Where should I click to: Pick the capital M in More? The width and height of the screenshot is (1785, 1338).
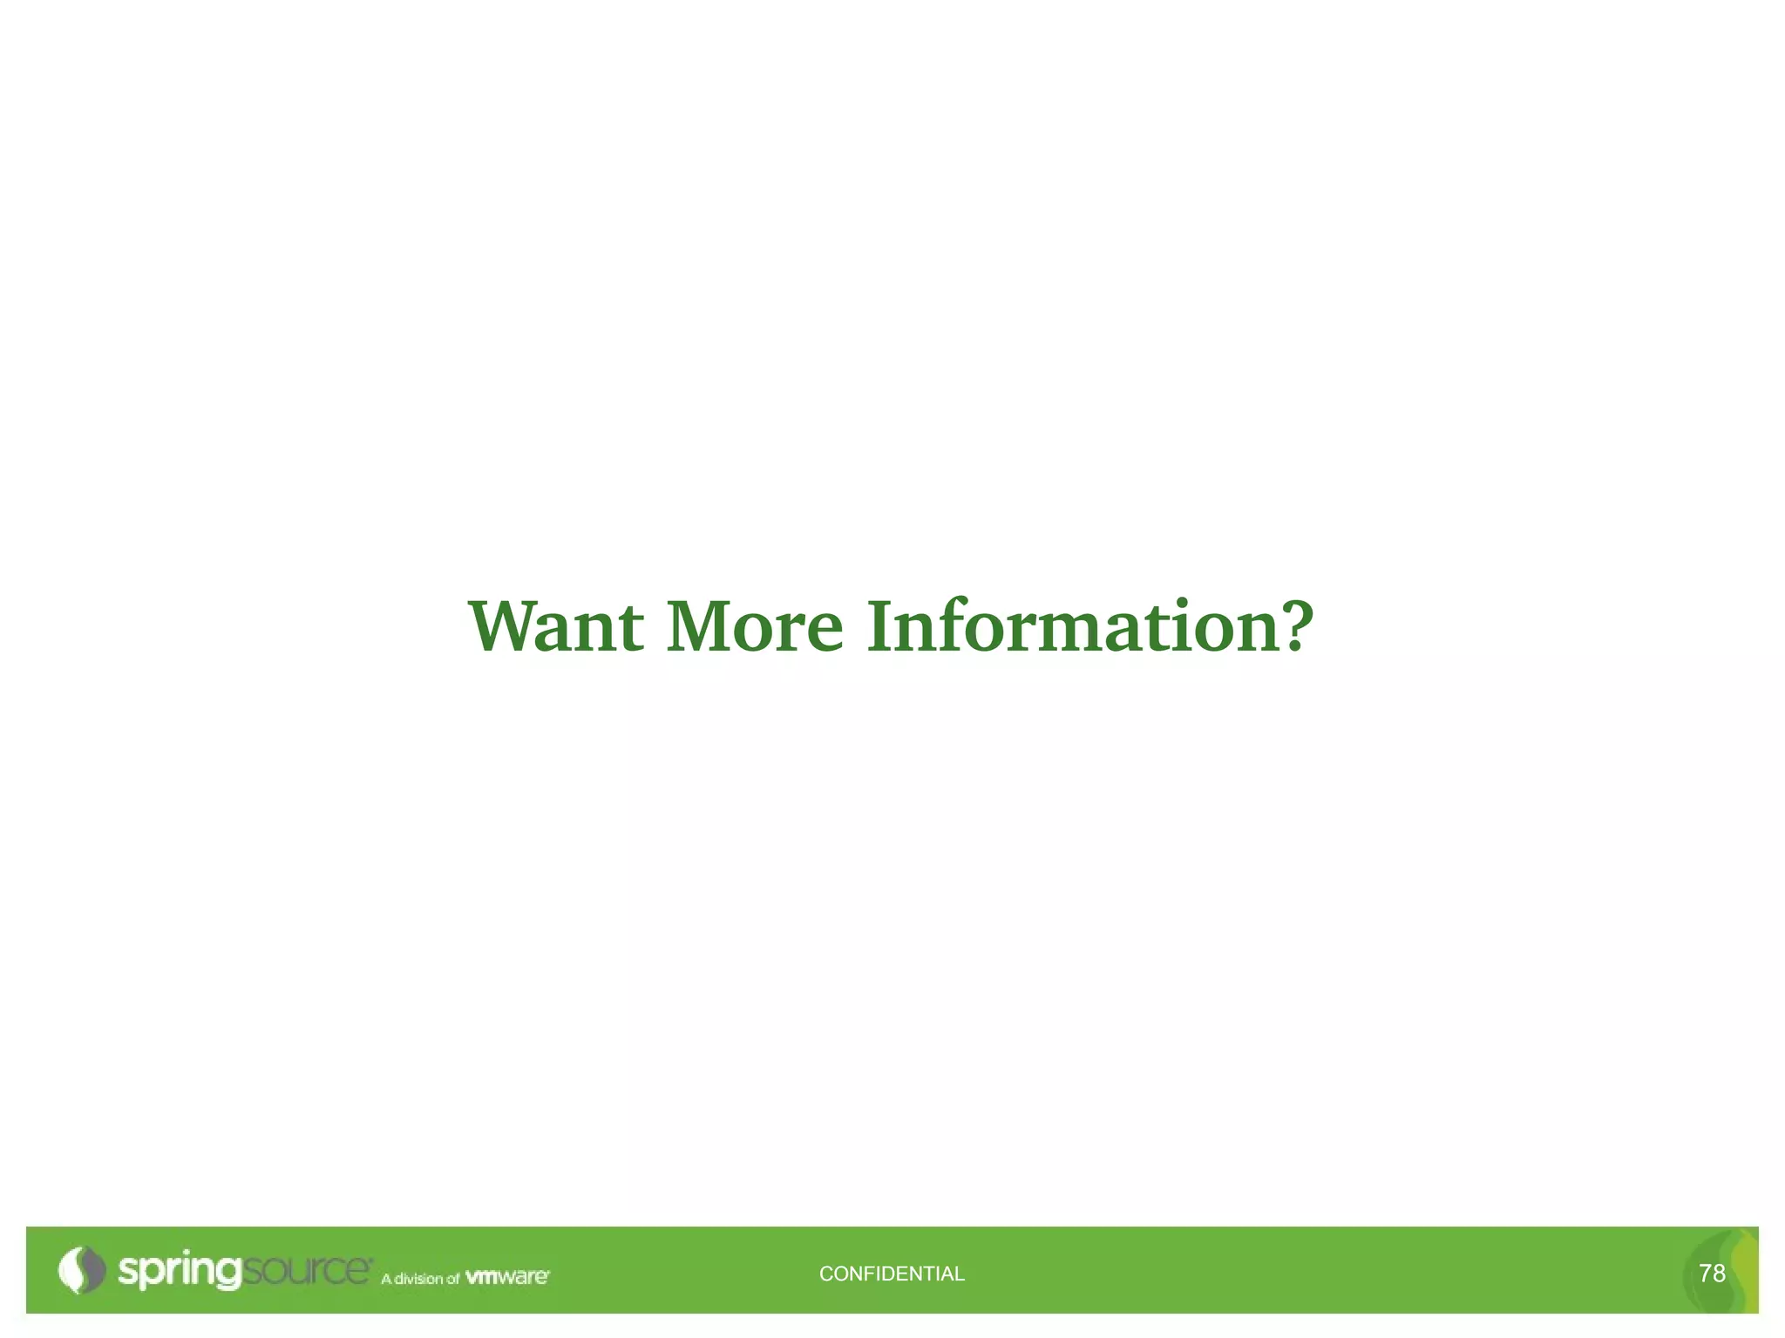pyautogui.click(x=699, y=625)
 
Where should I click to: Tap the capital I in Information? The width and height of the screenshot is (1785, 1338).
pyautogui.click(x=881, y=625)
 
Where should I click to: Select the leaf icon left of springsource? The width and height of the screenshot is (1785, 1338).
pyautogui.click(x=80, y=1270)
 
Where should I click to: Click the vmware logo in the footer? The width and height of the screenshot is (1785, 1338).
pyautogui.click(x=507, y=1277)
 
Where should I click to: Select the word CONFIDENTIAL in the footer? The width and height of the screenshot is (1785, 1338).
pyautogui.click(x=892, y=1274)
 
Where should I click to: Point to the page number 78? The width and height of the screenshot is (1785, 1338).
pyautogui.click(x=1712, y=1274)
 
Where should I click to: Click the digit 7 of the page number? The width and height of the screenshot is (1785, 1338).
pyautogui.click(x=1705, y=1274)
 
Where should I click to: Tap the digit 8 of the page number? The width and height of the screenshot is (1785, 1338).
pyautogui.click(x=1719, y=1274)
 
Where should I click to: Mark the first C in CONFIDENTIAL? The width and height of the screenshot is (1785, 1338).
pyautogui.click(x=826, y=1274)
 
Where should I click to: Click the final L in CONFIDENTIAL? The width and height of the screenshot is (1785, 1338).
pyautogui.click(x=960, y=1274)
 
